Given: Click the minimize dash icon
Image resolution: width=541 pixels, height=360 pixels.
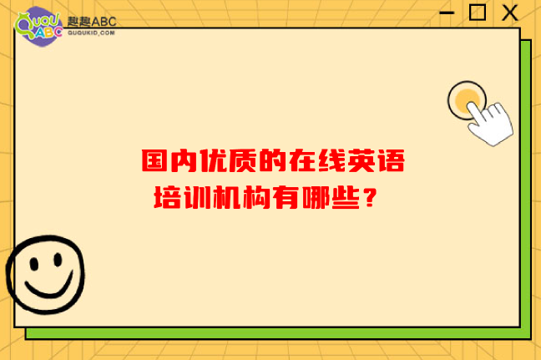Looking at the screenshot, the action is (x=447, y=13).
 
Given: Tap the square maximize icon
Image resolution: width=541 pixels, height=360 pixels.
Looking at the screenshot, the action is (x=478, y=12).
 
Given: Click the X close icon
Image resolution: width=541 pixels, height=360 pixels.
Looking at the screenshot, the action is (x=509, y=13).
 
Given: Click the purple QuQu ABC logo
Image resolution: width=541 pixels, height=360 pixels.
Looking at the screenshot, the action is (x=38, y=26).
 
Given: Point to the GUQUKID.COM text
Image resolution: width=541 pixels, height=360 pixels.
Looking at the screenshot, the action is (x=91, y=33).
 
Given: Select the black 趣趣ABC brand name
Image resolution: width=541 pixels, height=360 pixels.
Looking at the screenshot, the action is (x=92, y=22).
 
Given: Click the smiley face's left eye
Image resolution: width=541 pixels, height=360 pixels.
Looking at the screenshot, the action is (x=33, y=264).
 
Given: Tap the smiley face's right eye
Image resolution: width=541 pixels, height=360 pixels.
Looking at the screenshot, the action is (x=58, y=260).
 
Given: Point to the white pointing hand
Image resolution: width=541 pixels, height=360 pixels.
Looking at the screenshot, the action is (x=491, y=123).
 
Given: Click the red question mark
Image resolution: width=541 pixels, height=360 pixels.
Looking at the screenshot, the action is (x=370, y=197).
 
